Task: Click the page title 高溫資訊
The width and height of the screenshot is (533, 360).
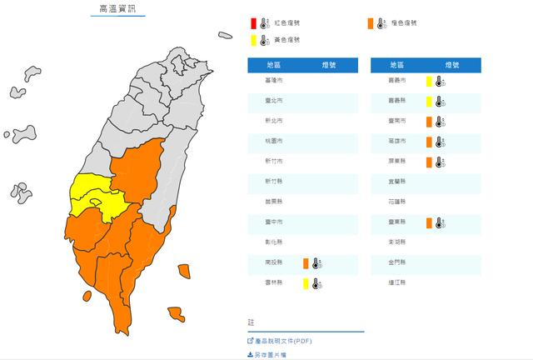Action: (117, 9)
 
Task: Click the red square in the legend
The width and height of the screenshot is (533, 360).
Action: (252, 23)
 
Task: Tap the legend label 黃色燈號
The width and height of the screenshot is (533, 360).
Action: (287, 39)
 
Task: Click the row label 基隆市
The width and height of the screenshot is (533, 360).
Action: (273, 80)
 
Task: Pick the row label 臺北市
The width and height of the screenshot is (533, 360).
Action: (273, 100)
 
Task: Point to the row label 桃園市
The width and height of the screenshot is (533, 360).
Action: (273, 141)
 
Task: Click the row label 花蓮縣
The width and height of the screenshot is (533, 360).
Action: (396, 202)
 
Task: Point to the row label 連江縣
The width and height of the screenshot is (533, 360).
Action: (396, 283)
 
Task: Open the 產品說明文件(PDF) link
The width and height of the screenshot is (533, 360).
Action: (283, 340)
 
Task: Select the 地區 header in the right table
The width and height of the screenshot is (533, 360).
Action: (396, 64)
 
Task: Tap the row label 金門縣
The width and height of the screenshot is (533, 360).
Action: (396, 263)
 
